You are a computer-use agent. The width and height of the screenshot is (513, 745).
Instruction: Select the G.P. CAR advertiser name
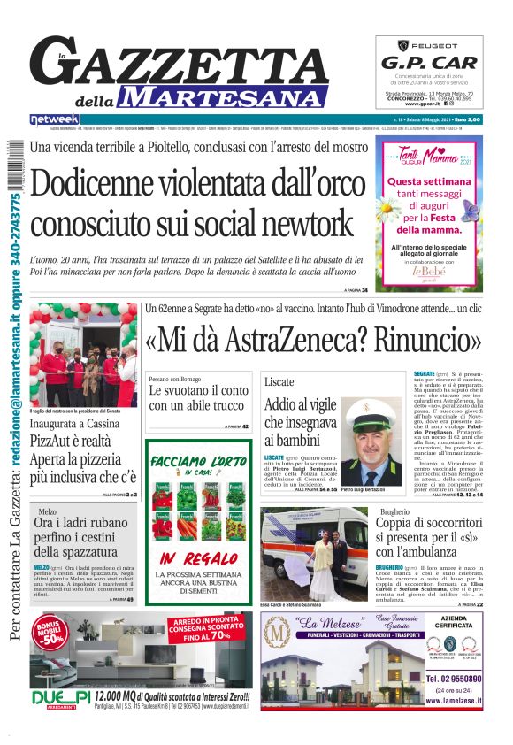click(430, 63)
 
